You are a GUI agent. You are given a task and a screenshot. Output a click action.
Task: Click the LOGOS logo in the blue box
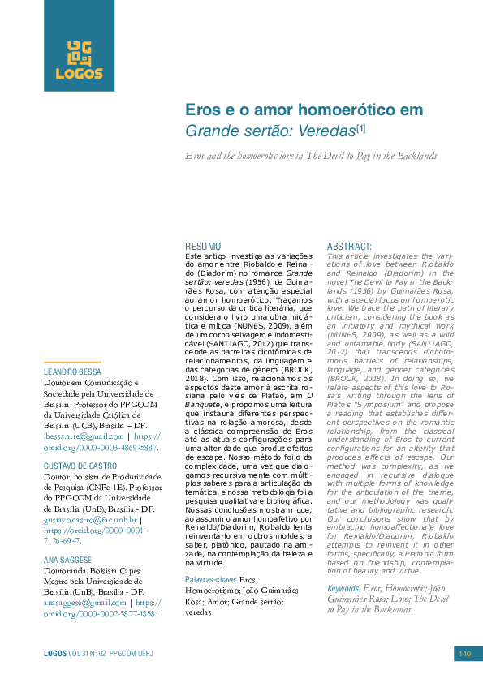pyautogui.click(x=79, y=60)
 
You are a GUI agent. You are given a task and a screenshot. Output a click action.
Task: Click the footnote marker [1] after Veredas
pyautogui.click(x=361, y=128)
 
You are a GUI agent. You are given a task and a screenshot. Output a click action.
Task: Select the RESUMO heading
pyautogui.click(x=203, y=246)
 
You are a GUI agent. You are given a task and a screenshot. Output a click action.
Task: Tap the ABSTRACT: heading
pyautogui.click(x=349, y=246)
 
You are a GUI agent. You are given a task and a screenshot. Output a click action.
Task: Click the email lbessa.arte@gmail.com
pyautogui.click(x=83, y=436)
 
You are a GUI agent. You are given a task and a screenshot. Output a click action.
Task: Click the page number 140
pyautogui.click(x=465, y=654)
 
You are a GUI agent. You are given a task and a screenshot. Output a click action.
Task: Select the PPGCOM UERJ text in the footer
pyautogui.click(x=132, y=654)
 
